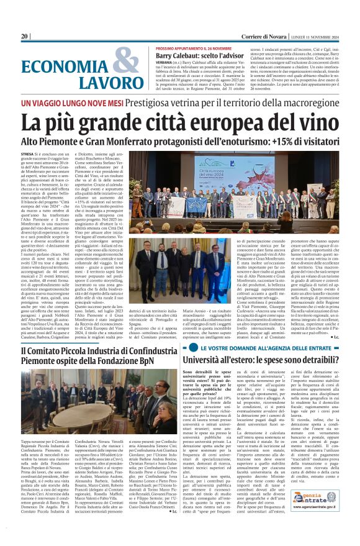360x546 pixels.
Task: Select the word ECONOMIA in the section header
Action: click(67, 65)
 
